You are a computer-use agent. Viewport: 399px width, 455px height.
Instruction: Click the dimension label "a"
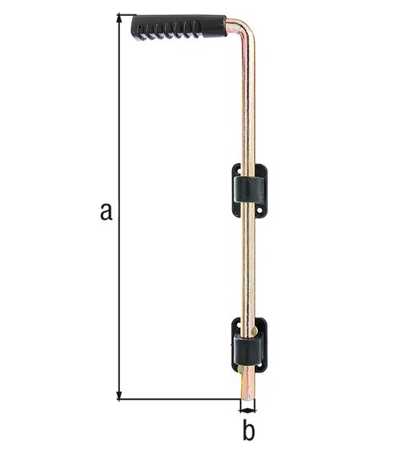coord(106,210)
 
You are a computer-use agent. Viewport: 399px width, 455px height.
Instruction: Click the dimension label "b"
coord(248,430)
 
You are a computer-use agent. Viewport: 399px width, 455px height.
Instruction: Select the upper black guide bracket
coord(249,190)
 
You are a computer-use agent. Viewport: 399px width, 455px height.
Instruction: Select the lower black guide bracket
coord(249,345)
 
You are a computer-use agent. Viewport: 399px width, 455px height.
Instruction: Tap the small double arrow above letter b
coord(248,410)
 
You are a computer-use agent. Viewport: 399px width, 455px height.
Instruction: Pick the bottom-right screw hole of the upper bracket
coord(262,212)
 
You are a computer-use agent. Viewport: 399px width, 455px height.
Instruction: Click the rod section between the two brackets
coord(248,265)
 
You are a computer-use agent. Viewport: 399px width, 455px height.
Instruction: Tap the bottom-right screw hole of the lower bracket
coord(262,366)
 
